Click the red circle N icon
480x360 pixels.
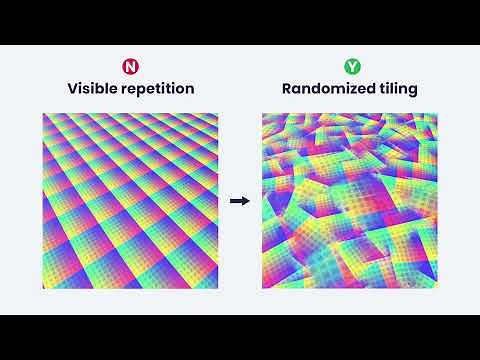point(129,67)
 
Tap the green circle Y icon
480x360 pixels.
point(351,67)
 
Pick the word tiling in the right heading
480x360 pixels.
point(398,90)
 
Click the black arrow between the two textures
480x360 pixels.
point(239,201)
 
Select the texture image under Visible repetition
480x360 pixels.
point(129,201)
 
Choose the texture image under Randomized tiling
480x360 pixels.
point(350,201)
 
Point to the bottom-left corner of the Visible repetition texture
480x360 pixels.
point(42,289)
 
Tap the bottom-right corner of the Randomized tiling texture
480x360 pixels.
point(438,289)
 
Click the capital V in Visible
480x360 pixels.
point(72,89)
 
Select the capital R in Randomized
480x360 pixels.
point(287,89)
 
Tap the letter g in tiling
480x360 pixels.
point(412,92)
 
